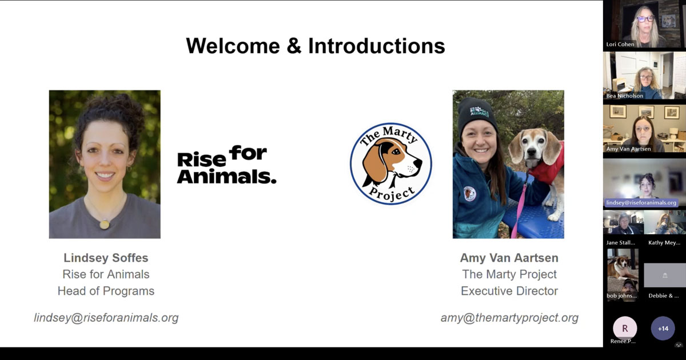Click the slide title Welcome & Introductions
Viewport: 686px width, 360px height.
pos(315,46)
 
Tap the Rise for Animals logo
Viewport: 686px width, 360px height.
pos(226,165)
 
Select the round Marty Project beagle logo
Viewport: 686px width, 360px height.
pos(391,164)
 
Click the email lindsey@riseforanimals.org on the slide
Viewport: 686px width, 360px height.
pos(106,318)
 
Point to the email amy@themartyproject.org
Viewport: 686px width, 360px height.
pos(509,318)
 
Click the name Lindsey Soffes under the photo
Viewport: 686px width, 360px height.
pos(106,258)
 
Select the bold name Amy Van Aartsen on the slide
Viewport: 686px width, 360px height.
pos(509,258)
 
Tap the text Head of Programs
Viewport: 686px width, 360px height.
pos(106,291)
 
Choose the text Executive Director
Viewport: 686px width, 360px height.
pos(509,291)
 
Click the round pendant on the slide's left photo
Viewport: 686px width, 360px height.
pos(105,224)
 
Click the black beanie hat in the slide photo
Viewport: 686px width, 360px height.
pos(476,111)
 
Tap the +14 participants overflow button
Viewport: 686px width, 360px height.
pos(663,329)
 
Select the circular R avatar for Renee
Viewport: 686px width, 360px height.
pos(625,329)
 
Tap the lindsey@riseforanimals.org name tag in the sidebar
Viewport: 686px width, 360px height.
pos(641,203)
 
